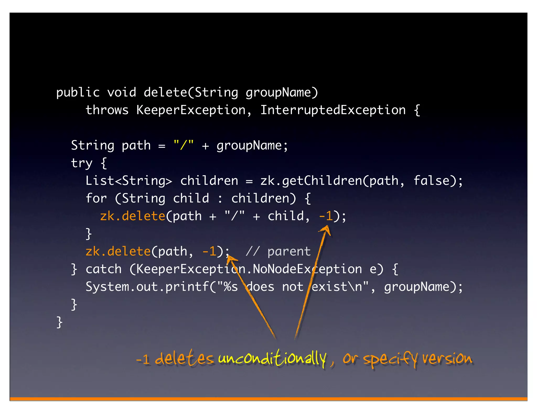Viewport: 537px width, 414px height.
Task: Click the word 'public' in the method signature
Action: point(78,93)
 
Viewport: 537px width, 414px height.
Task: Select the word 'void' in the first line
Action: point(121,93)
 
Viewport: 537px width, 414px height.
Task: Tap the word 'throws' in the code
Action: point(107,110)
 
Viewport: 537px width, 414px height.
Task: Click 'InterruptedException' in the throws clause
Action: point(333,110)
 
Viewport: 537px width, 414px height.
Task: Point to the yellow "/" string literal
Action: point(183,145)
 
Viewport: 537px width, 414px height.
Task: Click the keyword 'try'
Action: point(82,163)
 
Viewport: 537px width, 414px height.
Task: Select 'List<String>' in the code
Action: point(129,181)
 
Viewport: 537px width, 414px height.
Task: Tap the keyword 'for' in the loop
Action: point(96,198)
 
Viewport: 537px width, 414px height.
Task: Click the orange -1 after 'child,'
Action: point(326,216)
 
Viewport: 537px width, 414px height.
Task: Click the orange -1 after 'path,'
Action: point(209,251)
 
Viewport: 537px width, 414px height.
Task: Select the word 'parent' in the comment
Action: point(289,251)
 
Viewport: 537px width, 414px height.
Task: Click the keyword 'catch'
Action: point(104,269)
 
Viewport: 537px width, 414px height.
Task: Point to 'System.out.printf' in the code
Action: point(147,287)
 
